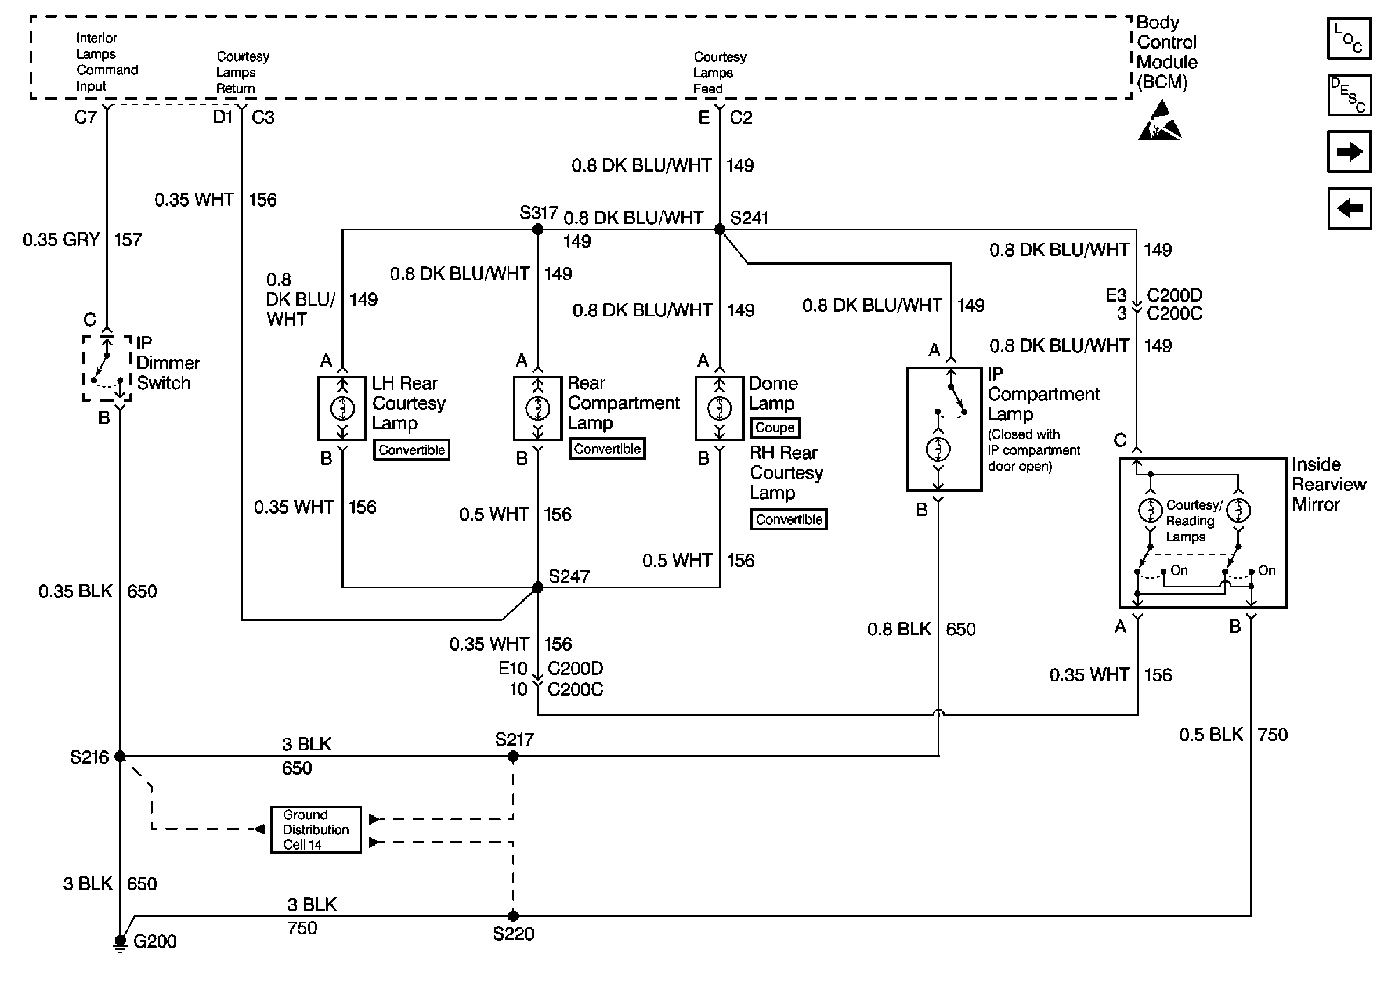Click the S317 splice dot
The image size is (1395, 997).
point(537,230)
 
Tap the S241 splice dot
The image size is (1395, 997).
point(720,230)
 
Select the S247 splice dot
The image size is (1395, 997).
point(537,587)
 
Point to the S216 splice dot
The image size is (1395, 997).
point(120,756)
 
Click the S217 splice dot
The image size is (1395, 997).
point(513,756)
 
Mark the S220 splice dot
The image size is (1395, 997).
point(513,915)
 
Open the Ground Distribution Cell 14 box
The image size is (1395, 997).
point(316,829)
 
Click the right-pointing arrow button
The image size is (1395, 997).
point(1349,151)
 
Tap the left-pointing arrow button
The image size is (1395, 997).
point(1349,208)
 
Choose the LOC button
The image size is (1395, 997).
point(1349,39)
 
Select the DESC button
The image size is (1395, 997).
point(1349,95)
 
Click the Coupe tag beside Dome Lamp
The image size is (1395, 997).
point(775,427)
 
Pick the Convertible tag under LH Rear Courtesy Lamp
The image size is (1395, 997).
point(411,449)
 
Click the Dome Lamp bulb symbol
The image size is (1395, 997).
point(720,408)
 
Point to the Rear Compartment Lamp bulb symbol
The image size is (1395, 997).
point(537,408)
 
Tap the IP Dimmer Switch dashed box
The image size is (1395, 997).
point(107,369)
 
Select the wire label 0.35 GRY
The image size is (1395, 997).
point(61,240)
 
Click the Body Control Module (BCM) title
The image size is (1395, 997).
point(1166,52)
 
